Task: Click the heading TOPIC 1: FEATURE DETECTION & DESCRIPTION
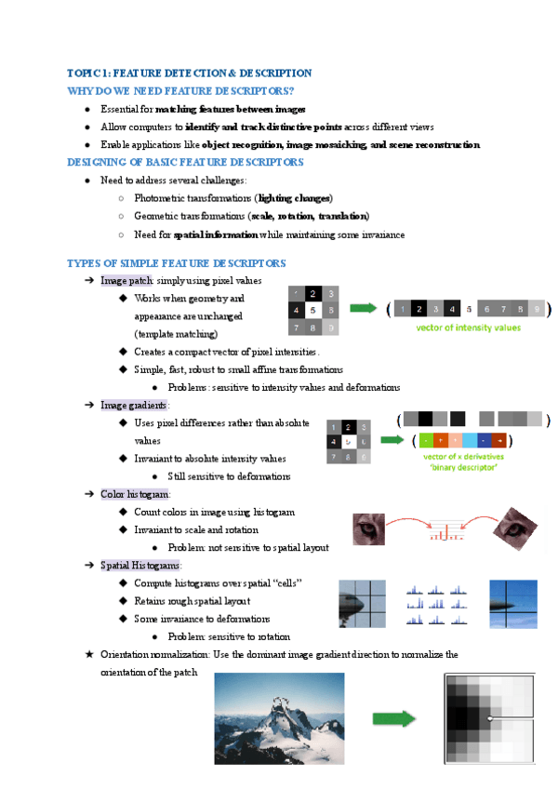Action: pos(189,73)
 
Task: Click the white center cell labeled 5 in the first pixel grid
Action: pos(313,310)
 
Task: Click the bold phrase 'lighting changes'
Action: pos(295,198)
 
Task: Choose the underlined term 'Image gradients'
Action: pos(134,406)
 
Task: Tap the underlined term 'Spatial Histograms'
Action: pos(140,565)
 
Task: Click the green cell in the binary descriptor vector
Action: pos(425,440)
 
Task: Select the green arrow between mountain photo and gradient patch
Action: pos(393,717)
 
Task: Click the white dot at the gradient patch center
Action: pos(489,718)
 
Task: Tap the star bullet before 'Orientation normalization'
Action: pos(88,654)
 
